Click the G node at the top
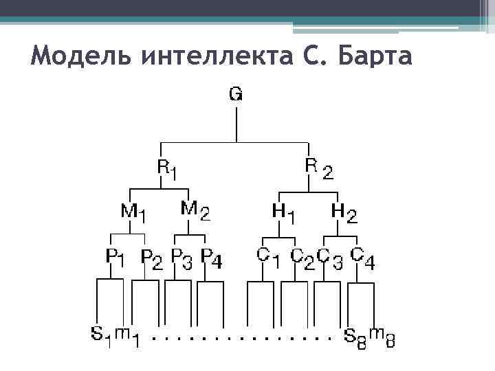point(235,95)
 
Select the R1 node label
point(166,168)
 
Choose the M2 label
point(195,209)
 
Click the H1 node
point(284,213)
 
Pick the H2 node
point(344,212)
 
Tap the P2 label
point(151,258)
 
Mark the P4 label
point(211,258)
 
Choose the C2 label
point(301,258)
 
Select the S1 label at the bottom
point(101,335)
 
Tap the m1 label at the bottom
point(126,336)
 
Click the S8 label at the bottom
point(355,336)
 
